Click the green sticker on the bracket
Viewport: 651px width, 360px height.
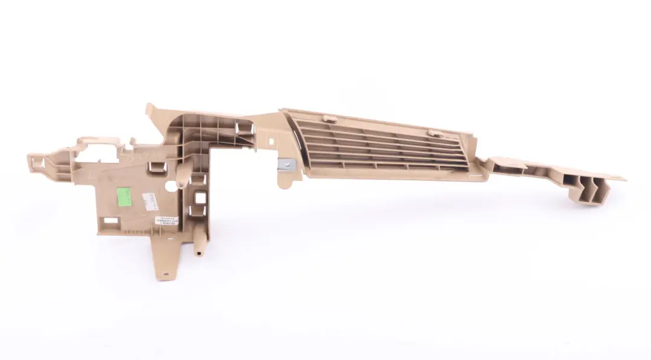pos(124,196)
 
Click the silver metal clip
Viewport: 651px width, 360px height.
pos(285,164)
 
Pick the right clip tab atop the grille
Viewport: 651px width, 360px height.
pos(436,130)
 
